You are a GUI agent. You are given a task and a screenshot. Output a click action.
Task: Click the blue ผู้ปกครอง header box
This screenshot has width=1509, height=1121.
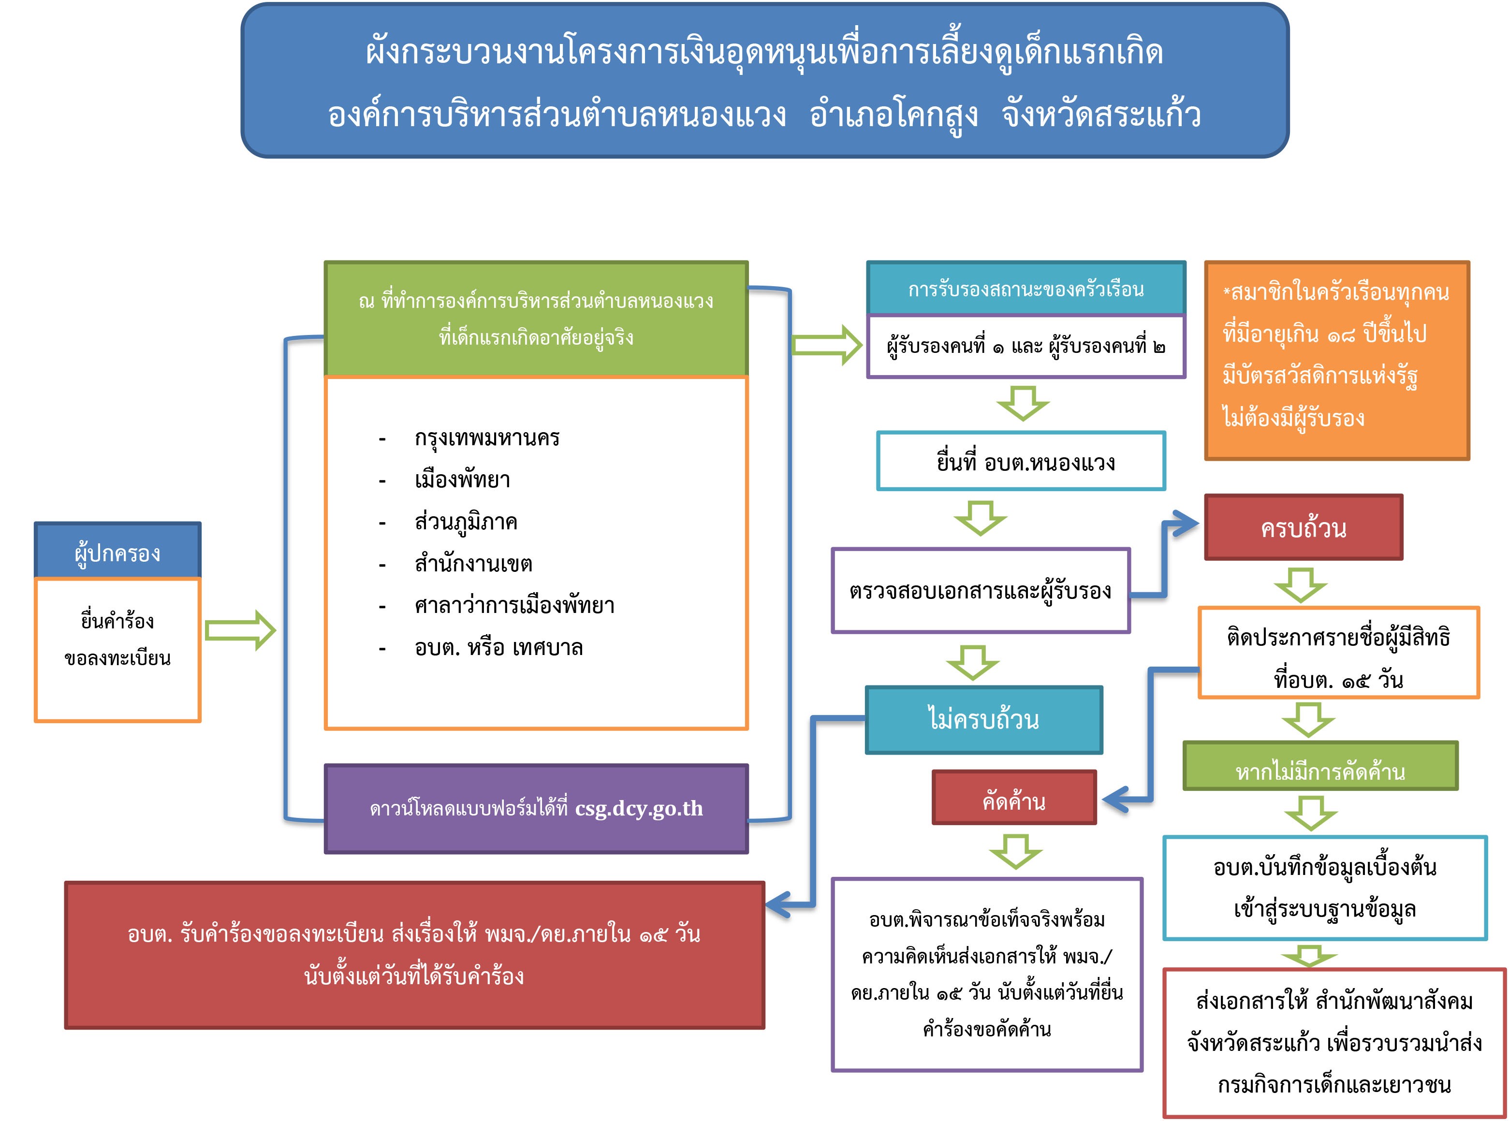pyautogui.click(x=117, y=551)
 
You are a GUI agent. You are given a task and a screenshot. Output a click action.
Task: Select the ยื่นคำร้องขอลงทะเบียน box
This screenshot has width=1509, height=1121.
pyautogui.click(x=117, y=648)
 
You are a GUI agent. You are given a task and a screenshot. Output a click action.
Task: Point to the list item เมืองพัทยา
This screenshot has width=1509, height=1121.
pyautogui.click(x=462, y=480)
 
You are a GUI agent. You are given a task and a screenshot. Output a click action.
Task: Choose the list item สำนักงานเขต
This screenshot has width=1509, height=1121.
pyautogui.click(x=473, y=563)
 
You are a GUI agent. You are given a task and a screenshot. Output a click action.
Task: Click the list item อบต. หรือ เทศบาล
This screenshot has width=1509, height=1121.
pyautogui.click(x=498, y=647)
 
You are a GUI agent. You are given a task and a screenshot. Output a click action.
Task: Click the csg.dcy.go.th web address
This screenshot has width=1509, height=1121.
pyautogui.click(x=639, y=808)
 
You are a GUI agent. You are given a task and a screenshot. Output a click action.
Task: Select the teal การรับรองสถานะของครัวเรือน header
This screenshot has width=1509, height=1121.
pyautogui.click(x=1026, y=289)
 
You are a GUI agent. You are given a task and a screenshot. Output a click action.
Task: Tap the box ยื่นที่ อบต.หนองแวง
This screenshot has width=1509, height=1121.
pyautogui.click(x=1021, y=462)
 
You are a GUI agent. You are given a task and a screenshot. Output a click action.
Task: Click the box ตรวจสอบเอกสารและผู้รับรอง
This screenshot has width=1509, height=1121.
pyautogui.click(x=980, y=590)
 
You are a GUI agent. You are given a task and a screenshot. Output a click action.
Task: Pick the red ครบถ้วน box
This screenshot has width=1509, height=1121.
pyautogui.click(x=1304, y=527)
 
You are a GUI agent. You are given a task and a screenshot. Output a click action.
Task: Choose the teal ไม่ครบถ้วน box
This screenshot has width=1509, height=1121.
pyautogui.click(x=983, y=719)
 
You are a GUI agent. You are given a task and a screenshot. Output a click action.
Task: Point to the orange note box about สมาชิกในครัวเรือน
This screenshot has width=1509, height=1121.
pyautogui.click(x=1336, y=360)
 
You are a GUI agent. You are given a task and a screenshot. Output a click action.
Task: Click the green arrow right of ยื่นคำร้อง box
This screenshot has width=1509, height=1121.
pyautogui.click(x=240, y=630)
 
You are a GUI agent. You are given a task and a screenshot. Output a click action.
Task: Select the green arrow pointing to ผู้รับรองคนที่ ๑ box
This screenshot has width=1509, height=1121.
pyautogui.click(x=827, y=345)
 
